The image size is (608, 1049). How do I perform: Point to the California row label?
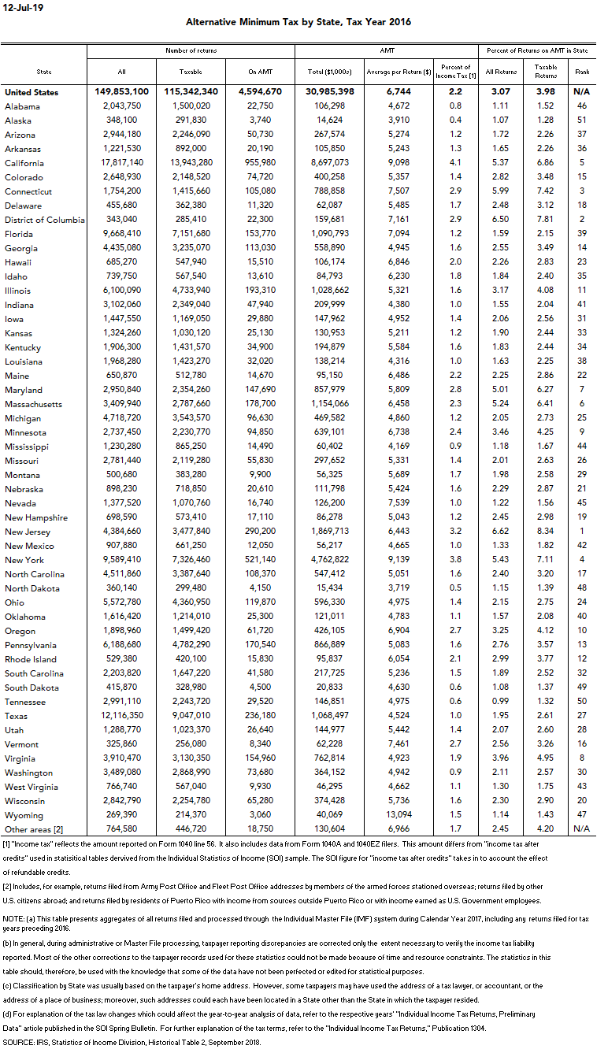click(24, 163)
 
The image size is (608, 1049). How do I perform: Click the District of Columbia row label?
click(44, 220)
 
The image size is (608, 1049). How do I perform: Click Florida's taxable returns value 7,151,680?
click(191, 234)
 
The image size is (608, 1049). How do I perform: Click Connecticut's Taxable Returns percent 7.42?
click(546, 191)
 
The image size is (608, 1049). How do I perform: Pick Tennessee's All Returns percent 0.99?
click(501, 702)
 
